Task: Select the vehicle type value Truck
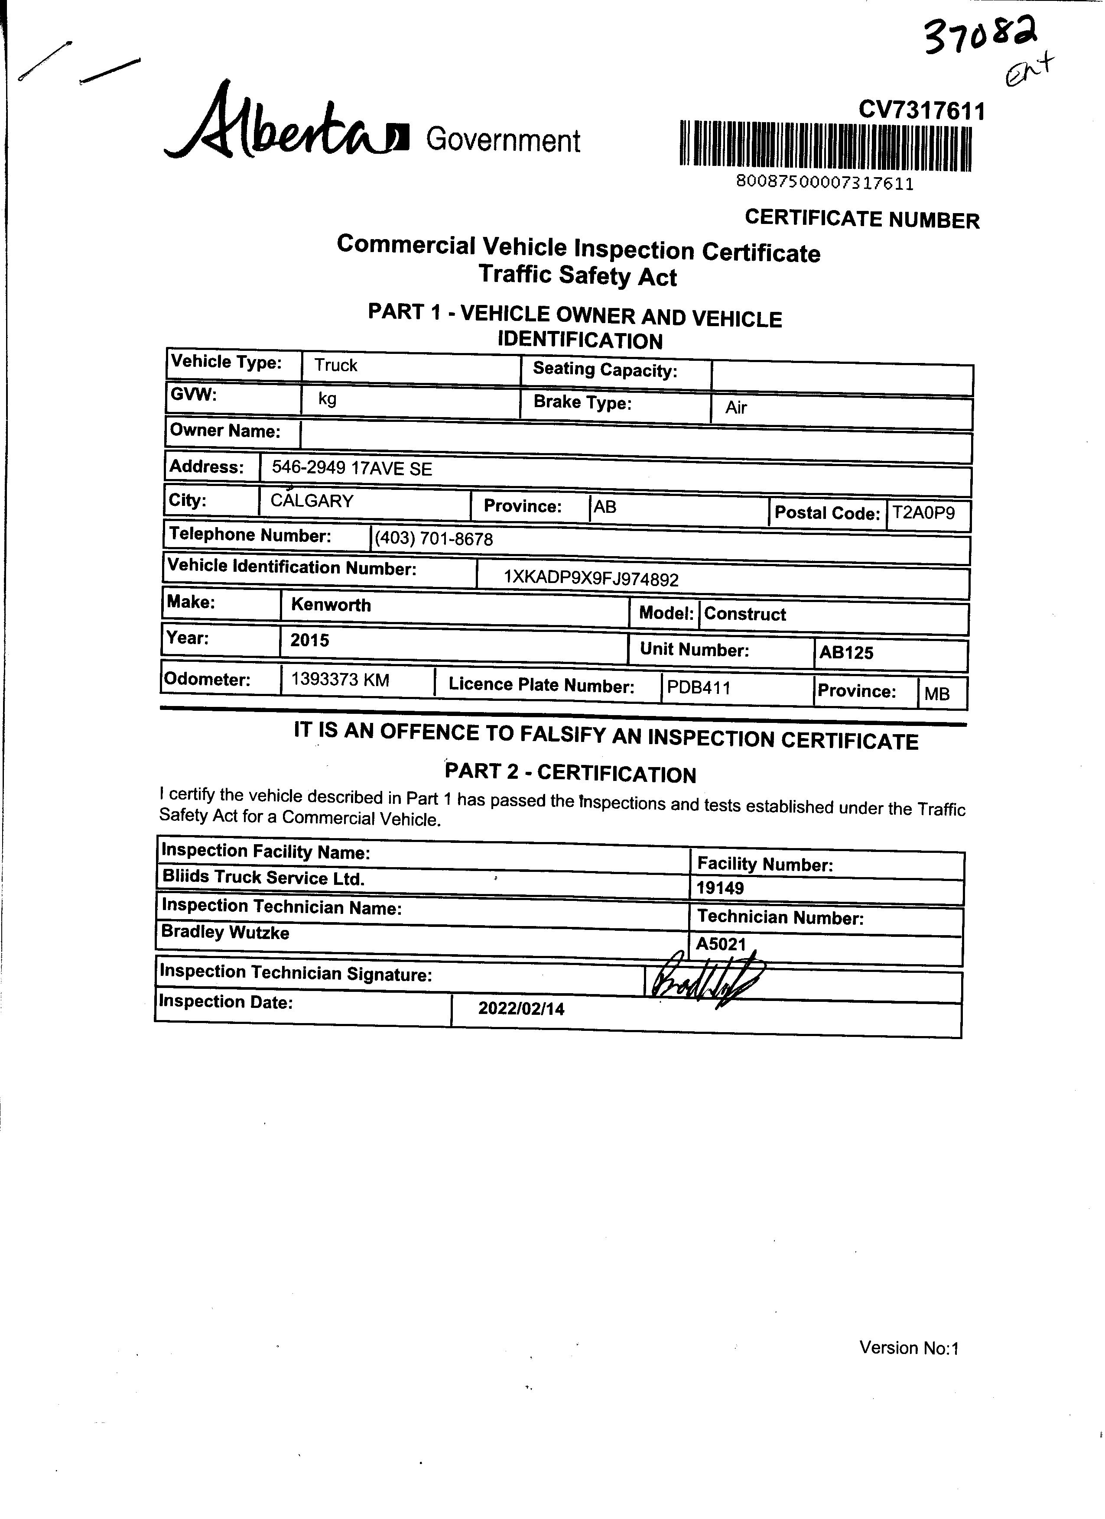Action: (336, 366)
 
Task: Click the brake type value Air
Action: (736, 408)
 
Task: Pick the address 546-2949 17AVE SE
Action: (352, 469)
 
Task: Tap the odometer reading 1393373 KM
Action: (340, 680)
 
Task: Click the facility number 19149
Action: (720, 888)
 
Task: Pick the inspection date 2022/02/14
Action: (521, 1009)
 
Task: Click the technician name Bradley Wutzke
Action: (225, 932)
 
